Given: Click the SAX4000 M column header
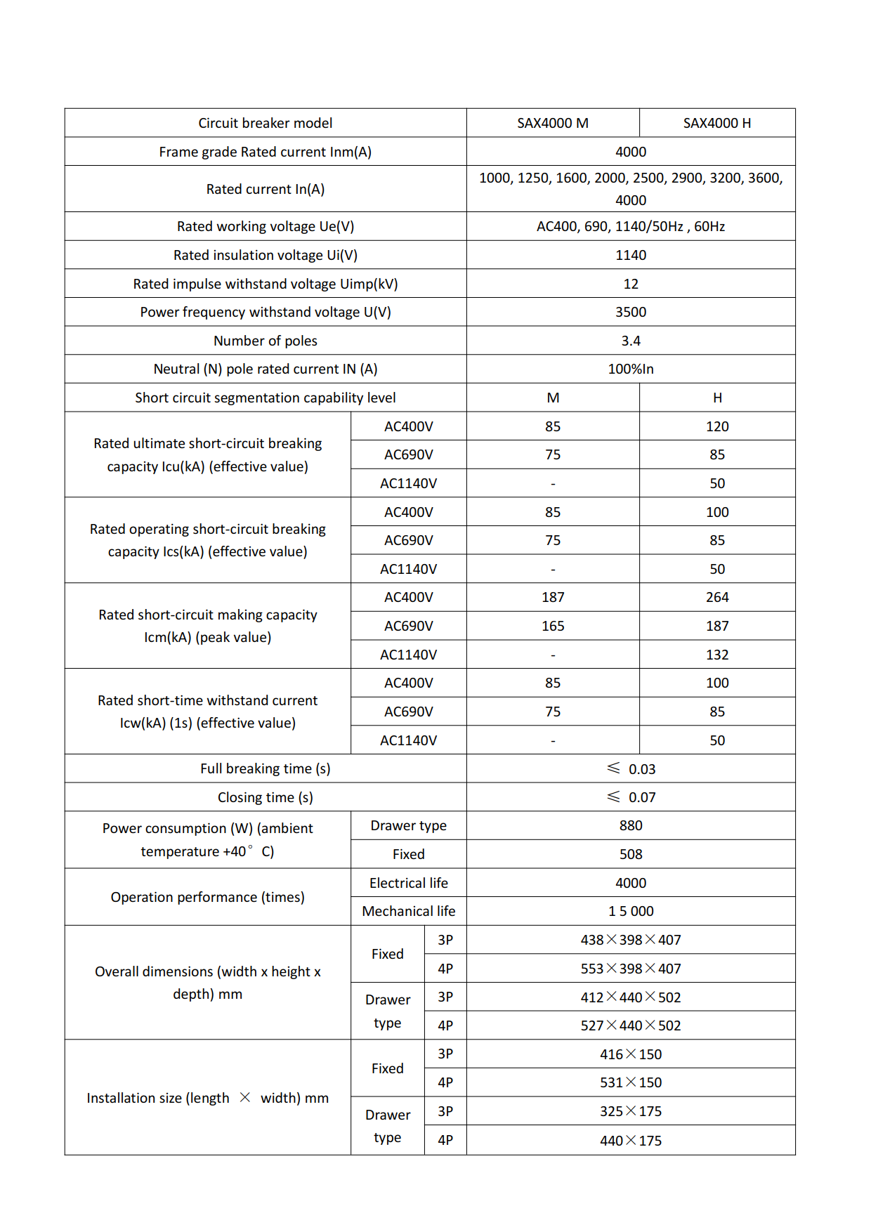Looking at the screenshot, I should click(553, 123).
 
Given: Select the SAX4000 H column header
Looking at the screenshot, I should click(717, 123).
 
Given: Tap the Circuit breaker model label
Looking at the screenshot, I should click(265, 123).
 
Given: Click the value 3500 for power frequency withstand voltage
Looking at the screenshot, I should click(631, 312).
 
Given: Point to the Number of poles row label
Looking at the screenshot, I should click(265, 341).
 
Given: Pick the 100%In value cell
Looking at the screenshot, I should click(631, 369).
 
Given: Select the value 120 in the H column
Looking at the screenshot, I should click(717, 426).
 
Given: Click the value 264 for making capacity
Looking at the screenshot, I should click(717, 597).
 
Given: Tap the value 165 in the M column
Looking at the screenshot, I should click(553, 626).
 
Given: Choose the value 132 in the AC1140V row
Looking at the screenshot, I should click(717, 655).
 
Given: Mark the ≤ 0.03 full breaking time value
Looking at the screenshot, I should click(631, 769).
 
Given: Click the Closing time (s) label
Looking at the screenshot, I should click(265, 797).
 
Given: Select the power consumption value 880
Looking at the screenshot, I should click(631, 825).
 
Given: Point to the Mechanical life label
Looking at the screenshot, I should click(408, 911).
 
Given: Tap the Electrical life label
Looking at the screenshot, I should click(408, 883).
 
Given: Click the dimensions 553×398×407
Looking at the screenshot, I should click(631, 969).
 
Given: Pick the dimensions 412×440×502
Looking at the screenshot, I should click(631, 997).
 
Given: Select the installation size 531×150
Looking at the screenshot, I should click(631, 1082).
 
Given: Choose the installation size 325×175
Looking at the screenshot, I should click(631, 1111).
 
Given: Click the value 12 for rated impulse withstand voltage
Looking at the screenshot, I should click(631, 284).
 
